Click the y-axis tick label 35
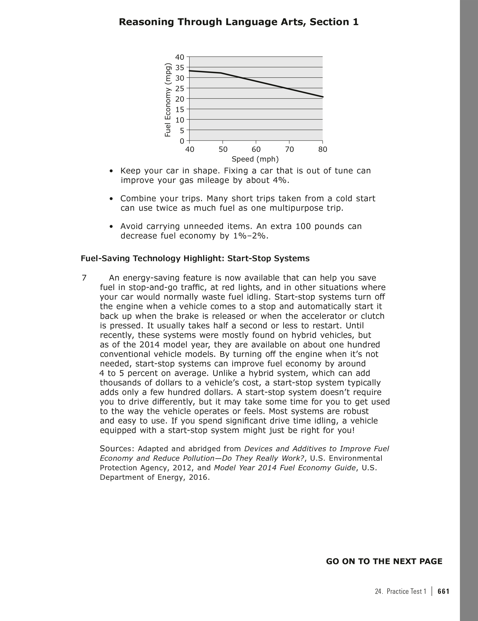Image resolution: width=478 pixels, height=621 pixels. point(180,68)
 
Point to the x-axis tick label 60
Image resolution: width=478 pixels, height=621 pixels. point(256,150)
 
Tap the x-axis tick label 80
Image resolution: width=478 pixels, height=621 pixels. point(323,150)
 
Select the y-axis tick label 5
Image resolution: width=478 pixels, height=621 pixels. point(182,130)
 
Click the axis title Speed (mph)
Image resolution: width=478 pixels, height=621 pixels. point(255,159)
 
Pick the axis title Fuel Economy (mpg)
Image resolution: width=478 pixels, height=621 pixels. point(168,100)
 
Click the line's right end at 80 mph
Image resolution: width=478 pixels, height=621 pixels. point(323,97)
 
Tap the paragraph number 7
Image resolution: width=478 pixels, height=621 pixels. point(84,278)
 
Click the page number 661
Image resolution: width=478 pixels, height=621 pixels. point(443,591)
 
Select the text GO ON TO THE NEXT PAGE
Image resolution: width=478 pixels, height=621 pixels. point(384,561)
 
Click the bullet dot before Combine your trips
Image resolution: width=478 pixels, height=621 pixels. point(111,199)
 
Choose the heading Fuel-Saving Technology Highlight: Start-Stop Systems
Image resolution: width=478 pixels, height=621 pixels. point(195,258)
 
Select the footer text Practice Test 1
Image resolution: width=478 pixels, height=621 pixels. point(406,591)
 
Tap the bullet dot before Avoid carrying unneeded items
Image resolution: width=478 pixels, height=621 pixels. point(111,227)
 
